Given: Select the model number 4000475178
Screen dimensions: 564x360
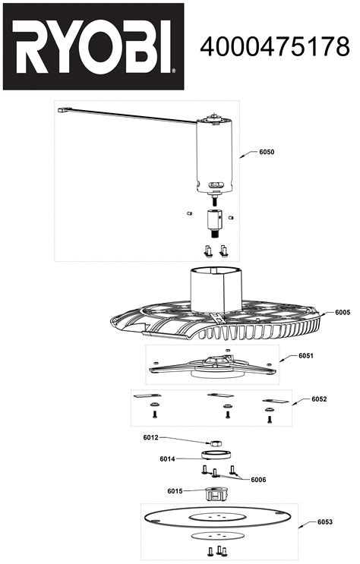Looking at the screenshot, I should (275, 47).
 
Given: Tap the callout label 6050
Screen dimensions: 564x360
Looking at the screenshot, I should (266, 153).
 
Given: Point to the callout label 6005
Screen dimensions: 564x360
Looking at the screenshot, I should (342, 313).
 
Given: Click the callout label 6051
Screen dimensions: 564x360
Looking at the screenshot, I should (306, 355).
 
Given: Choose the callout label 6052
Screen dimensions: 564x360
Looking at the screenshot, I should (319, 399).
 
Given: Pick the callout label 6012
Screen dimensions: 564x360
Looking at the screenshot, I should (150, 437).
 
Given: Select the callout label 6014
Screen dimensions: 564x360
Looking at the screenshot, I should (167, 458).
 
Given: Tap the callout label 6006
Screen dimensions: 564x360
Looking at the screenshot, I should (258, 480).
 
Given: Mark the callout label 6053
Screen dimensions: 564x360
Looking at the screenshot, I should (324, 521).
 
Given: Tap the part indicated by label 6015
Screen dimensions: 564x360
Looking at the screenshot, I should (216, 494).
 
